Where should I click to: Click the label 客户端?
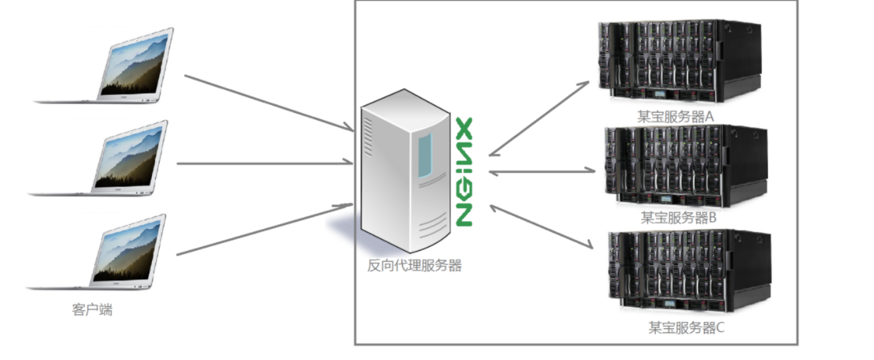[92, 309]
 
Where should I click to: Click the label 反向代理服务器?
[414, 266]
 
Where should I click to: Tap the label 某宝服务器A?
[676, 116]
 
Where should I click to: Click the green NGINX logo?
[464, 172]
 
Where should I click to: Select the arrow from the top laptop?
[269, 101]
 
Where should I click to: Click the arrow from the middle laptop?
[265, 163]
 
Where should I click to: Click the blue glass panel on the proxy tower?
[424, 154]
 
